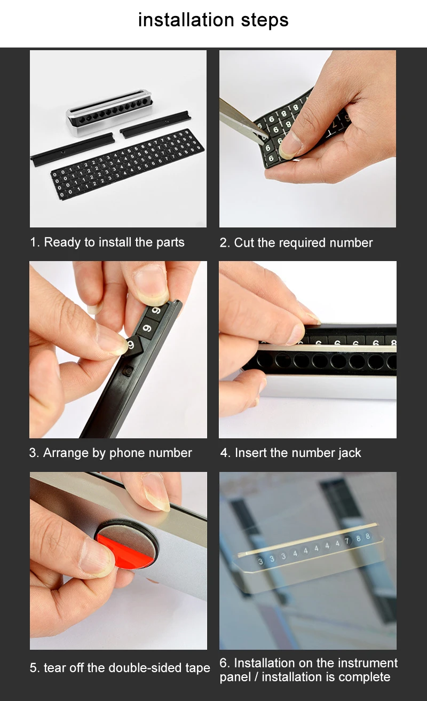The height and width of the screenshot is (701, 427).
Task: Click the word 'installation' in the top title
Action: click(186, 20)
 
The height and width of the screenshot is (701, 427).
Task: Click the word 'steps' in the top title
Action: click(265, 21)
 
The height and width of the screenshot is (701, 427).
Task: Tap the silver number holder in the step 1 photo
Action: click(109, 112)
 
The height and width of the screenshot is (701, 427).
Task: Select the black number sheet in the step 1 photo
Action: click(128, 164)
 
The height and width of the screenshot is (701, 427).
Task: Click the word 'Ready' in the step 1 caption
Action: click(62, 242)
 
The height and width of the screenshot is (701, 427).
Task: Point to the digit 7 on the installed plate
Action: click(346, 541)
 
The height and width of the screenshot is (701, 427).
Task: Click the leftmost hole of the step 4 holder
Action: click(265, 360)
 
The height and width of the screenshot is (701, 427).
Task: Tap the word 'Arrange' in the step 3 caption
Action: click(66, 453)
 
